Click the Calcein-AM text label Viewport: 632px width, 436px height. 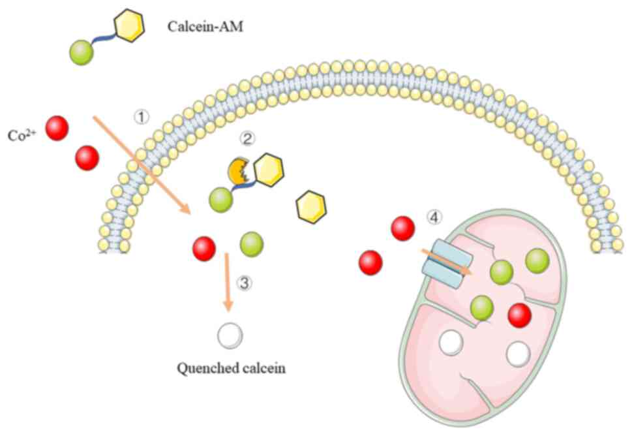click(196, 28)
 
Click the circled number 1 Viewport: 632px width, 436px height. click(142, 117)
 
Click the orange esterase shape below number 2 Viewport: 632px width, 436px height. click(235, 172)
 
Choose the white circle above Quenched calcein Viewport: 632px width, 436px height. click(230, 336)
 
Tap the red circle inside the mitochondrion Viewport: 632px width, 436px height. click(520, 315)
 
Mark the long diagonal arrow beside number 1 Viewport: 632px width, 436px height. click(140, 164)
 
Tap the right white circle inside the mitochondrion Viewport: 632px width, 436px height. click(519, 354)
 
